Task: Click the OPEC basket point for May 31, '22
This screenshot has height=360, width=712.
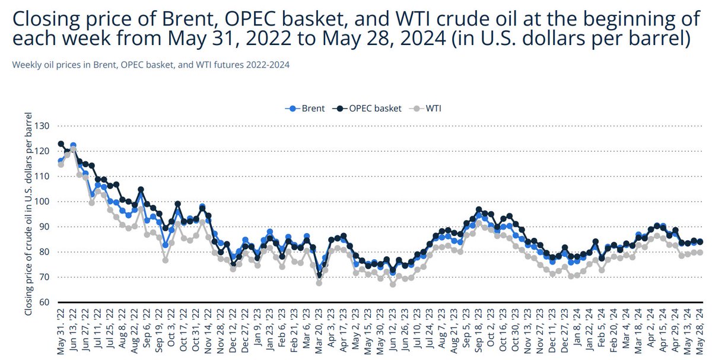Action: click(x=61, y=144)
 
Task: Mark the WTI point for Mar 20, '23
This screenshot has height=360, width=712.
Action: click(x=319, y=283)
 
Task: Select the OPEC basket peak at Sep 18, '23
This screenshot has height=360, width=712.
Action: click(x=479, y=210)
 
